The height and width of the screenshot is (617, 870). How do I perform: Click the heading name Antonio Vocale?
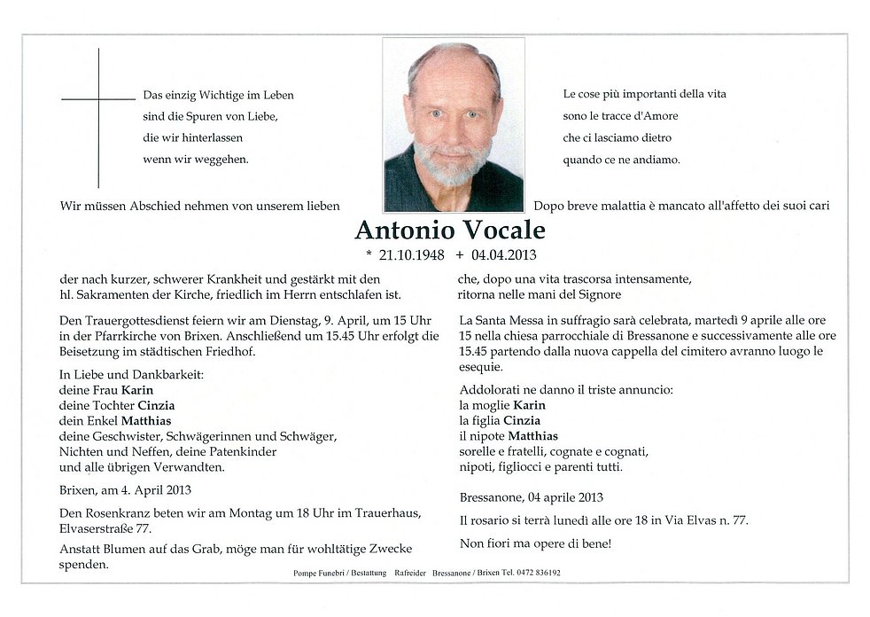450,230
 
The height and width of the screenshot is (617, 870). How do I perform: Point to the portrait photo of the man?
454,124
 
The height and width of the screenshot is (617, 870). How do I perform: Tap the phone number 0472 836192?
534,574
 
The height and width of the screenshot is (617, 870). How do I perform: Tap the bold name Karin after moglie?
530,405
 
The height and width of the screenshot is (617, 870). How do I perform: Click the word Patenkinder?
245,451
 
